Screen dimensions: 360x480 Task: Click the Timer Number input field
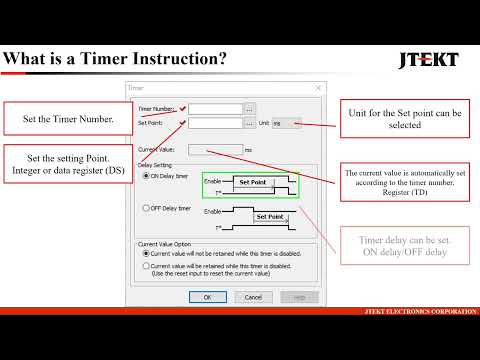[x=215, y=109]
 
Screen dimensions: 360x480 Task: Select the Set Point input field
[x=215, y=124]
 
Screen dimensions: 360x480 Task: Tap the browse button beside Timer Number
[x=250, y=109]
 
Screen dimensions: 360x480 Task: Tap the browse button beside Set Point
[x=250, y=124]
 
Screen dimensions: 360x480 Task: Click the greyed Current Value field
[x=214, y=150]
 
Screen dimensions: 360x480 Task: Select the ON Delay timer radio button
[x=144, y=176]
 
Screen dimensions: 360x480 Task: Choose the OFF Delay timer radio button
[x=144, y=208]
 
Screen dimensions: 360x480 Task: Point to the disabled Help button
[x=292, y=296]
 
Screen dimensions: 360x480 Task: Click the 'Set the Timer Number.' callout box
[x=68, y=120]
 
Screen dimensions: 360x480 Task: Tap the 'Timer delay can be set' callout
[x=405, y=245]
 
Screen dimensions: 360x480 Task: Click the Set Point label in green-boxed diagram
[x=252, y=184]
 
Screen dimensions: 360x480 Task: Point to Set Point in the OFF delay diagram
[x=270, y=216]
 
